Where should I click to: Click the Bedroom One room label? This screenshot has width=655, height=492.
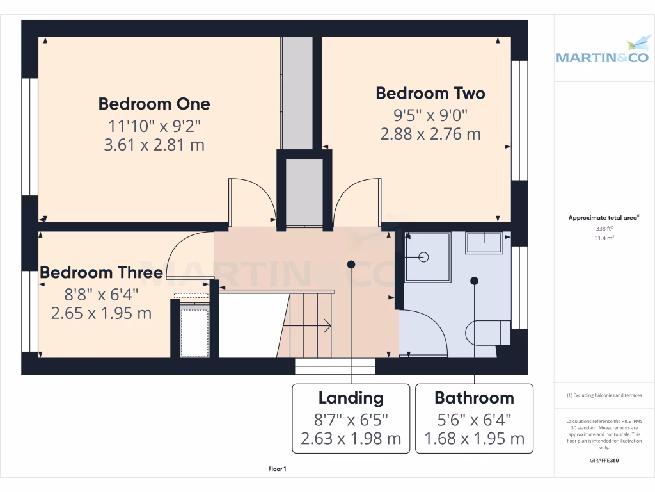click(154, 104)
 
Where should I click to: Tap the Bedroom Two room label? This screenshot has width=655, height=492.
click(430, 94)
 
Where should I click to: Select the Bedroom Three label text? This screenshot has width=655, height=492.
click(101, 273)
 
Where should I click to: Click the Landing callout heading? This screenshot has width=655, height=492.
click(351, 398)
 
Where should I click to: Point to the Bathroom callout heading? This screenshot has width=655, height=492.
click(474, 398)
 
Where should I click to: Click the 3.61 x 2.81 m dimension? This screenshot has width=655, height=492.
click(154, 145)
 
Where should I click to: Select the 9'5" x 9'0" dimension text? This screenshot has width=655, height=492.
click(430, 115)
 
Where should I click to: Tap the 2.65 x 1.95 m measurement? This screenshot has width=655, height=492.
click(101, 313)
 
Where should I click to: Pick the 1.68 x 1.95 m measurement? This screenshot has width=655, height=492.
click(474, 439)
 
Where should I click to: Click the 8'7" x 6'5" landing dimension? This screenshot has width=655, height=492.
click(351, 419)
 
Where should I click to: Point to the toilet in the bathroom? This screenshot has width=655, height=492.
click(489, 332)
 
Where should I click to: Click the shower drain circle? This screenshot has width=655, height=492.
click(423, 258)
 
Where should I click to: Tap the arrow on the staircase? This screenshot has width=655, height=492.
click(327, 326)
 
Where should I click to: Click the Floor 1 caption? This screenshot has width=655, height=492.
click(277, 470)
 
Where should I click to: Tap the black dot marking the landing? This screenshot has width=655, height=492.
click(351, 264)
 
